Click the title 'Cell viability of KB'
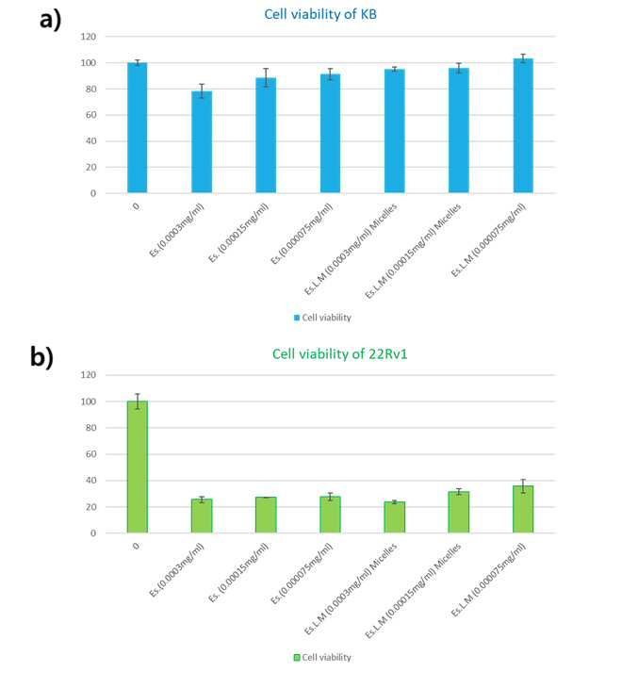[319, 14]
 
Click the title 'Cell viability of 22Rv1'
[339, 353]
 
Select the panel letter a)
[51, 20]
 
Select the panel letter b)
[41, 356]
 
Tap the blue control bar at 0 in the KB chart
[138, 127]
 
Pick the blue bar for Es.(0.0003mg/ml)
[202, 142]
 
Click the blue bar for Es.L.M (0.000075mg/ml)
[523, 125]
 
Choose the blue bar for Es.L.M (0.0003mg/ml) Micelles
[395, 131]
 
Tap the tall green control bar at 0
[138, 467]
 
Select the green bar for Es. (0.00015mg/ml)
[266, 516]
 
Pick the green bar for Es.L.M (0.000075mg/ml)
[523, 510]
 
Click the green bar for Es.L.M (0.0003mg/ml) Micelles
[395, 517]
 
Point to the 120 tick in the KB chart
[89, 37]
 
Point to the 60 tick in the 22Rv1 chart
[90, 454]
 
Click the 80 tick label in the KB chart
[90, 90]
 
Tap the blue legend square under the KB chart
[297, 318]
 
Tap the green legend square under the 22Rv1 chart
[297, 657]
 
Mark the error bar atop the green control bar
[138, 401]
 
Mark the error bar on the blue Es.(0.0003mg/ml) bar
[202, 90]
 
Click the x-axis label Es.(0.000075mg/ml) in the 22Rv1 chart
[302, 573]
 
